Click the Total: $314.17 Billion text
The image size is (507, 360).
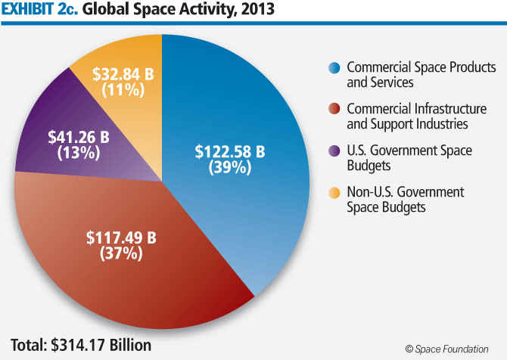(81, 345)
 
